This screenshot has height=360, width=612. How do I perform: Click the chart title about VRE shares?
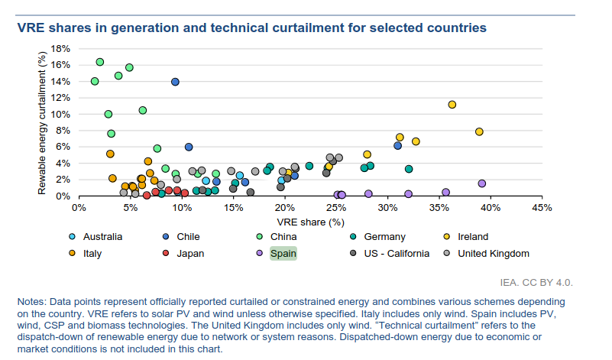point(251,28)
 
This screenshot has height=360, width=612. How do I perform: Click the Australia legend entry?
point(99,237)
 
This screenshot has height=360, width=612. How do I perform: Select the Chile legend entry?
point(189,237)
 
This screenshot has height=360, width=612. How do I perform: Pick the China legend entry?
point(284,237)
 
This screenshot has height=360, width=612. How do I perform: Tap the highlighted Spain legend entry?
point(283,253)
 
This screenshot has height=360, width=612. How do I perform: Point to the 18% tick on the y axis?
point(60,48)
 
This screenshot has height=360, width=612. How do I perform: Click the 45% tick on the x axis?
point(542,207)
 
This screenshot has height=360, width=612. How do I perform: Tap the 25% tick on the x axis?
point(335,207)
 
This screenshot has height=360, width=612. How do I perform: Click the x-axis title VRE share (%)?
point(311,222)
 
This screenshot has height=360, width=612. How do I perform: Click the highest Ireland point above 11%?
point(452,104)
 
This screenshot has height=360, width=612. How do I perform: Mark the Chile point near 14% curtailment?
point(175,81)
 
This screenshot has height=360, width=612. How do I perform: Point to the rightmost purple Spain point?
point(482,183)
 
